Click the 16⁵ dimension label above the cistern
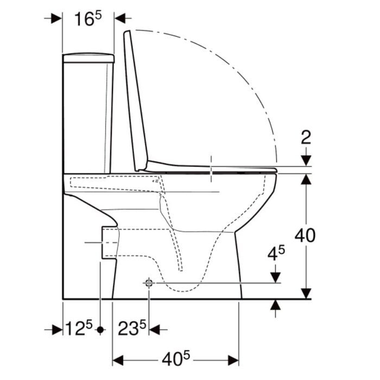click(x=88, y=19)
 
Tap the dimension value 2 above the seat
click(x=306, y=137)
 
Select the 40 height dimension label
click(x=305, y=235)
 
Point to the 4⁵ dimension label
click(x=276, y=253)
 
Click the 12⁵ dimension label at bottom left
click(x=79, y=328)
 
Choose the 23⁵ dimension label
click(x=132, y=328)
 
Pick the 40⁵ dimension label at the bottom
click(x=176, y=359)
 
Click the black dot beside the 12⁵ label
click(x=100, y=330)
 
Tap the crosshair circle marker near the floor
click(x=149, y=283)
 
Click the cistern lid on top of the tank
click(x=88, y=58)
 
